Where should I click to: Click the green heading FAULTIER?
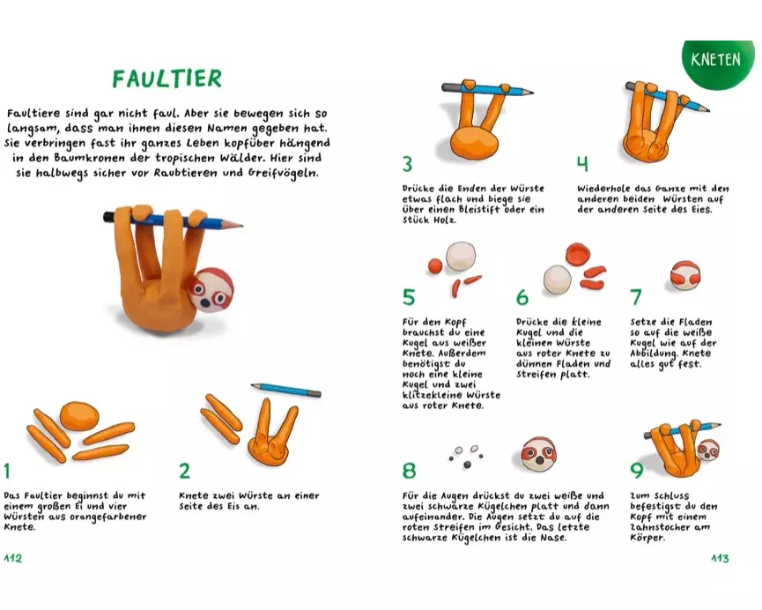tap(167, 78)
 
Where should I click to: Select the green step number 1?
tap(7, 471)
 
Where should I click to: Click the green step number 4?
tap(582, 164)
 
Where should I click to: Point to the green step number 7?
tap(636, 297)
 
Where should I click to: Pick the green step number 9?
tap(637, 471)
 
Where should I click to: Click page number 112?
tap(13, 558)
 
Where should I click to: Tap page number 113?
tap(720, 558)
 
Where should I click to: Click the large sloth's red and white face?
tap(211, 288)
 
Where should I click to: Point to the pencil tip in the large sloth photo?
tap(241, 225)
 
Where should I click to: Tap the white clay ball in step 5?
tap(460, 256)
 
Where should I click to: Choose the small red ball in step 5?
tap(435, 266)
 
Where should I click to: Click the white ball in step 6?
tap(557, 279)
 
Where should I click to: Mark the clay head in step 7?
tap(685, 276)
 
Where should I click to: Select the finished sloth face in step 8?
tap(539, 454)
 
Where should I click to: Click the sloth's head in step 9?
tap(708, 450)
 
